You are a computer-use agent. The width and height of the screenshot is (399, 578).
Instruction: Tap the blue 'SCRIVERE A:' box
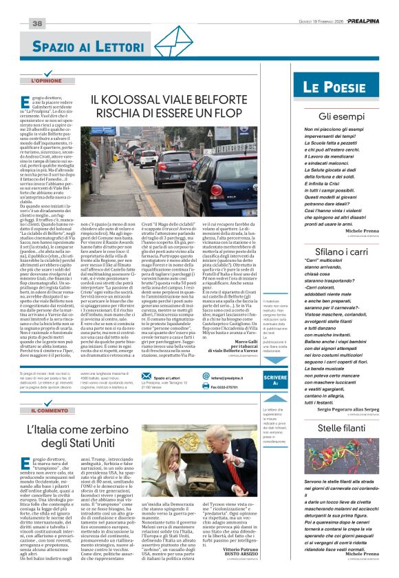(276, 380)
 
